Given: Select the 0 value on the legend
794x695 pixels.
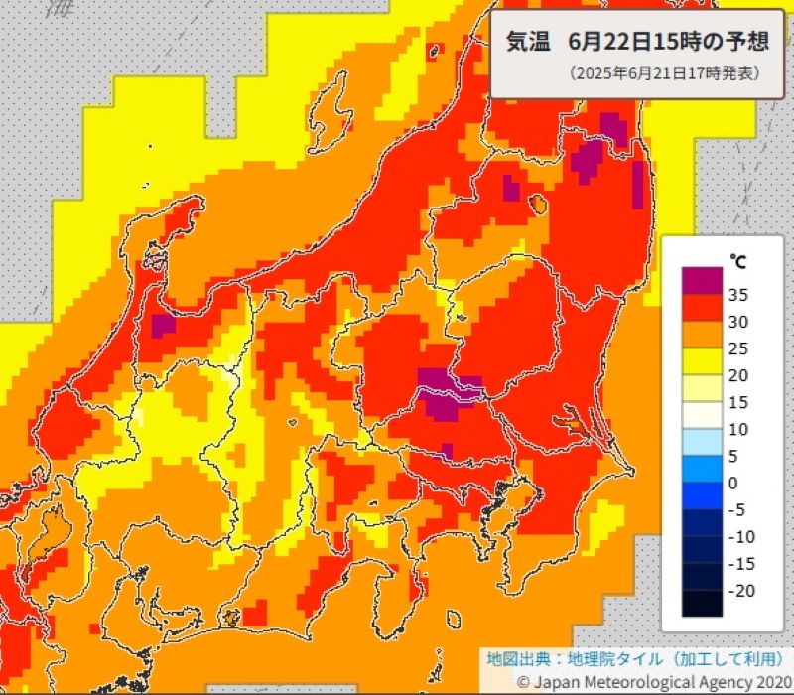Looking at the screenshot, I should (x=732, y=483).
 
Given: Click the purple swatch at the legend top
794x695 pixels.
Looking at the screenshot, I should (x=702, y=280).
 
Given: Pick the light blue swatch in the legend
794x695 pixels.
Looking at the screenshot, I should (x=702, y=442).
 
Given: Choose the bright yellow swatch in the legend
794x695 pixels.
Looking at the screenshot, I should (x=702, y=361).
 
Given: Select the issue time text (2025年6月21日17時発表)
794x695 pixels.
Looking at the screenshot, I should (x=664, y=73).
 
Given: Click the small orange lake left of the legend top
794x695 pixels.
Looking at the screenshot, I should (x=539, y=205).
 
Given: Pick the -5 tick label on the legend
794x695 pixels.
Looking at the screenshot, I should (x=735, y=509).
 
